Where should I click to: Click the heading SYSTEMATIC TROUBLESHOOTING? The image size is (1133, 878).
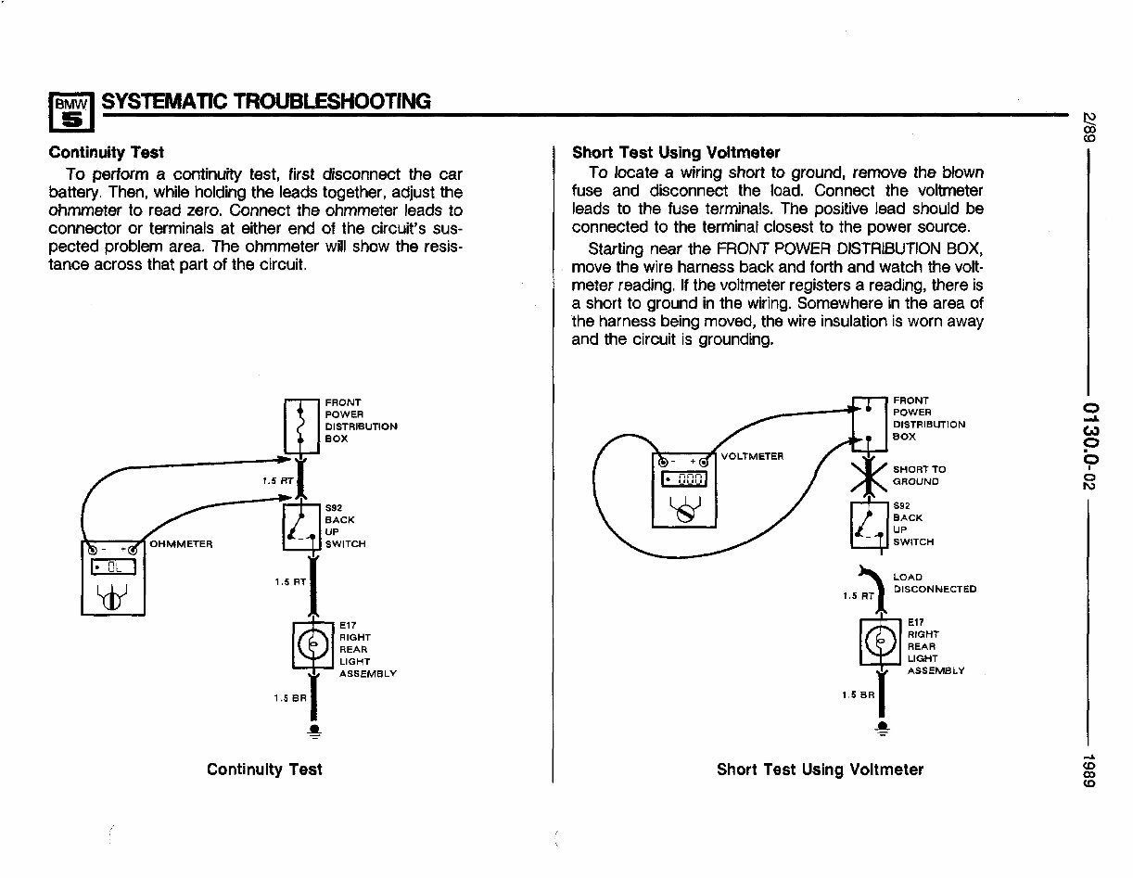pyautogui.click(x=266, y=101)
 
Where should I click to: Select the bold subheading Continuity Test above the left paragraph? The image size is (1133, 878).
pyautogui.click(x=106, y=152)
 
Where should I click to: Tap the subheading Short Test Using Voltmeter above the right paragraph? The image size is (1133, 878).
pyautogui.click(x=676, y=152)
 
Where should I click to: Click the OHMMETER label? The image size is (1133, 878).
pyautogui.click(x=182, y=543)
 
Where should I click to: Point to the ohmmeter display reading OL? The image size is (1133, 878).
pyautogui.click(x=112, y=566)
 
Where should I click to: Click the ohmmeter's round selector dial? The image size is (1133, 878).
pyautogui.click(x=110, y=600)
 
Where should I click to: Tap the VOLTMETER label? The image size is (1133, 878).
pyautogui.click(x=751, y=456)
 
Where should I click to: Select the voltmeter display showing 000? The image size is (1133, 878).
pyautogui.click(x=685, y=479)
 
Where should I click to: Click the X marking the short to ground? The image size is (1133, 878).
pyautogui.click(x=871, y=475)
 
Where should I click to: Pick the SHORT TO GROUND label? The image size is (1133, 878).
pyautogui.click(x=919, y=476)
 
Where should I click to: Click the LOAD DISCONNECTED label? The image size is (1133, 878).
pyautogui.click(x=934, y=583)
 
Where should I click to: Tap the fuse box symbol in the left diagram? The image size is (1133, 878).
pyautogui.click(x=300, y=426)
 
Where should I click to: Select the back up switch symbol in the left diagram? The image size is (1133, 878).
pyautogui.click(x=300, y=526)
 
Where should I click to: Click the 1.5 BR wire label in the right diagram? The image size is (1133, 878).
pyautogui.click(x=856, y=693)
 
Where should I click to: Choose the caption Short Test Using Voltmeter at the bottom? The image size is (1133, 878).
pyautogui.click(x=820, y=770)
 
